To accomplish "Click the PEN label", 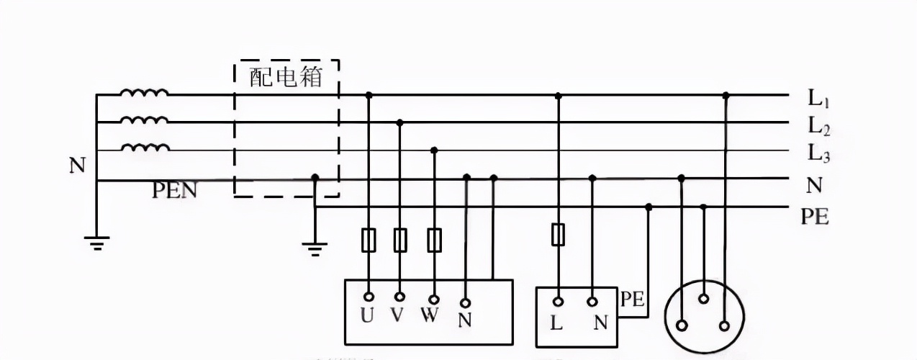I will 174,191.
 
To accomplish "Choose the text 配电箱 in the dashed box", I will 286,77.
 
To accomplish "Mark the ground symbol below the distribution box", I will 315,248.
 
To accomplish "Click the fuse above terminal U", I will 369,239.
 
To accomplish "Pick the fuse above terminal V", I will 400,239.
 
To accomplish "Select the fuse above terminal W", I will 434,239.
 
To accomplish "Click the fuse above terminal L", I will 558,235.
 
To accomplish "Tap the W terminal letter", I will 430,318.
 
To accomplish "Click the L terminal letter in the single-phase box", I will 556,323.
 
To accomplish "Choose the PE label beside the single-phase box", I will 632,299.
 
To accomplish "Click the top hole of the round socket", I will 704,299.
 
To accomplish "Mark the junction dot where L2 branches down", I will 400,123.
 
